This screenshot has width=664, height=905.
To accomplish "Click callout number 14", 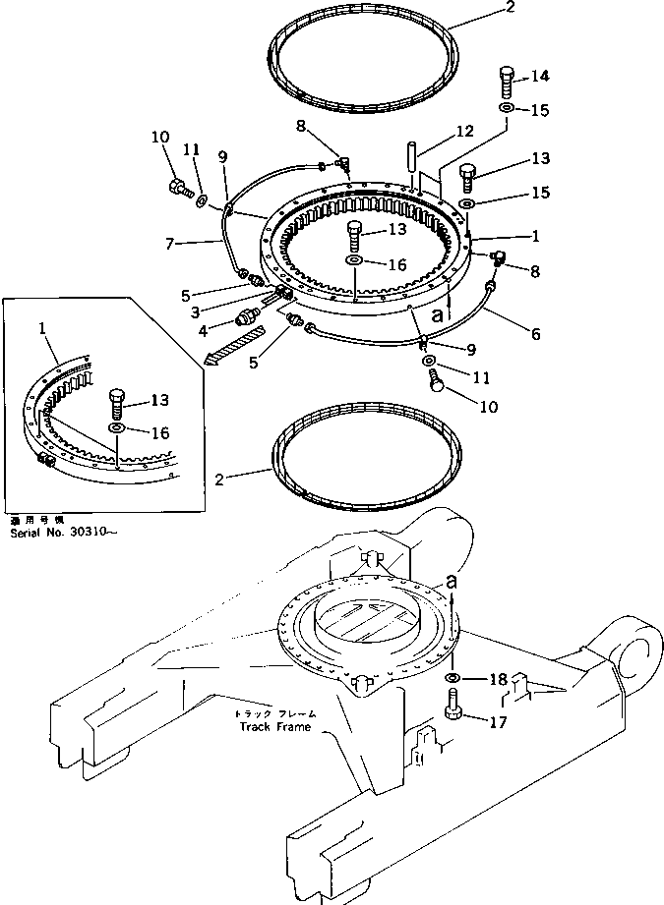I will click(540, 76).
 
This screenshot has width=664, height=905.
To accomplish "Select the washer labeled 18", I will click(451, 679).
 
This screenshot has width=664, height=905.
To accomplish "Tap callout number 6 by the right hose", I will click(534, 335).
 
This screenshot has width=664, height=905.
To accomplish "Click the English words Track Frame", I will click(274, 727).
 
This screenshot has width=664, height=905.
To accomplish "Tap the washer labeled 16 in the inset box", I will click(117, 429).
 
